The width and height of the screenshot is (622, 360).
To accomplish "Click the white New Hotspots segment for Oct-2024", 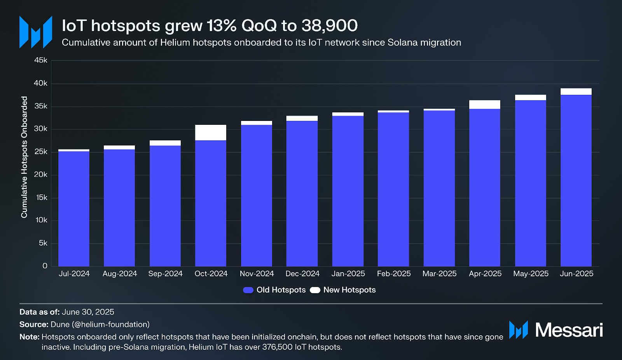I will click(x=211, y=133).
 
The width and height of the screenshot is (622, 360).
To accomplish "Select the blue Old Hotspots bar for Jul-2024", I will click(x=74, y=208).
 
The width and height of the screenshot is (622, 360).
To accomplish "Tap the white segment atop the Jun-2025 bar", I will click(x=576, y=92).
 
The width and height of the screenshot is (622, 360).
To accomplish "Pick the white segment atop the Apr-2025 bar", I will click(x=485, y=105).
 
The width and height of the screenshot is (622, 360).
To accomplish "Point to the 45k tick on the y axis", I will click(x=41, y=60).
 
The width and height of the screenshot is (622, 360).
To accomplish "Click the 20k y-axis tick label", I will click(x=41, y=175).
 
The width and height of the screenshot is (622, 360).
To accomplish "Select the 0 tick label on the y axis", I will click(x=45, y=266).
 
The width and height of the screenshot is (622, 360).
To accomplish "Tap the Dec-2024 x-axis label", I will click(x=302, y=274).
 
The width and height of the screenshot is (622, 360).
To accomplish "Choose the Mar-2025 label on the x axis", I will click(x=439, y=274).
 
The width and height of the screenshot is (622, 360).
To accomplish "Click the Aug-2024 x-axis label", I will click(x=120, y=274).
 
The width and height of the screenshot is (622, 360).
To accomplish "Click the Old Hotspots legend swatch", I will click(x=248, y=290).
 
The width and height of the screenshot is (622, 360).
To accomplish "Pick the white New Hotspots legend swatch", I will click(x=315, y=290).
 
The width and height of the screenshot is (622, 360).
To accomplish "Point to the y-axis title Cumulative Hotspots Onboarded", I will click(x=24, y=157).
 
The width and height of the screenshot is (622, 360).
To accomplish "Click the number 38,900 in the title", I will click(x=330, y=26).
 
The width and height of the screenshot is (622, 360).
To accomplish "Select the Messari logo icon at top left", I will click(x=36, y=32).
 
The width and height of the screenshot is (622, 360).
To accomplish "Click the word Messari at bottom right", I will click(x=569, y=330).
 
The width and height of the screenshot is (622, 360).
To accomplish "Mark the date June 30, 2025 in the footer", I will click(x=88, y=312).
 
